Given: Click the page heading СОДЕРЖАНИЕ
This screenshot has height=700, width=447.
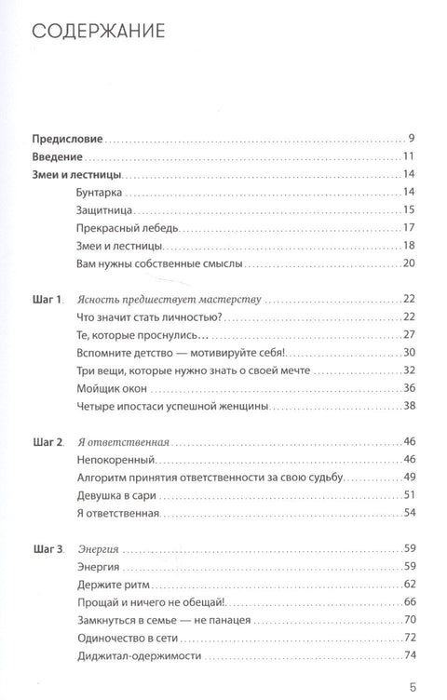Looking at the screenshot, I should [x=99, y=34].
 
